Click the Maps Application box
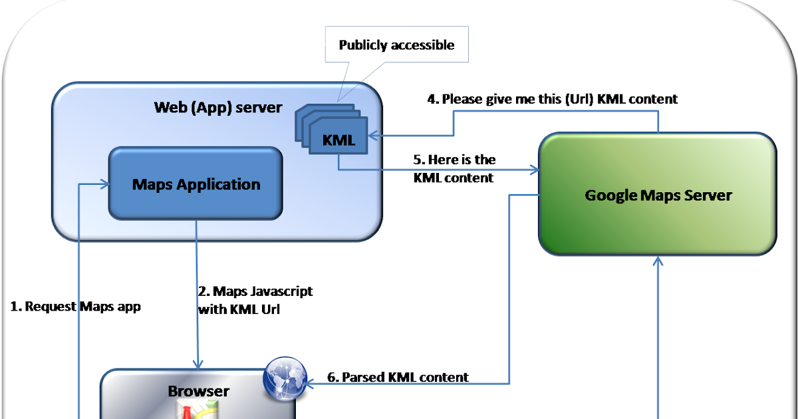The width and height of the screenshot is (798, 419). point(196,184)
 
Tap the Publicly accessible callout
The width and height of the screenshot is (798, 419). point(396,46)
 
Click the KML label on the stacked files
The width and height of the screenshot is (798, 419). point(339,140)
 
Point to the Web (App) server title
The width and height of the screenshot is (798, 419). point(218,107)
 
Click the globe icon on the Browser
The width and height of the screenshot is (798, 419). point(285,377)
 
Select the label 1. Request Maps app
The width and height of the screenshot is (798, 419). point(76,307)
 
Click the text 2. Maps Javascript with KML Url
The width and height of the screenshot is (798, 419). point(255,300)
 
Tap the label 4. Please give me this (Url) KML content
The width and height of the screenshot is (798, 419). point(551,99)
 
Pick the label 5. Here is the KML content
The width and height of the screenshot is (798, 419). point(454,169)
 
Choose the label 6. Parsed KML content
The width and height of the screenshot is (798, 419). point(398,377)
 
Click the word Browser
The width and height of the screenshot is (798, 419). point(198,391)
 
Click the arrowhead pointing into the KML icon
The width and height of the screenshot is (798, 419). point(372,136)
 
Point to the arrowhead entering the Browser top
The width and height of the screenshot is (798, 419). point(197,364)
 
